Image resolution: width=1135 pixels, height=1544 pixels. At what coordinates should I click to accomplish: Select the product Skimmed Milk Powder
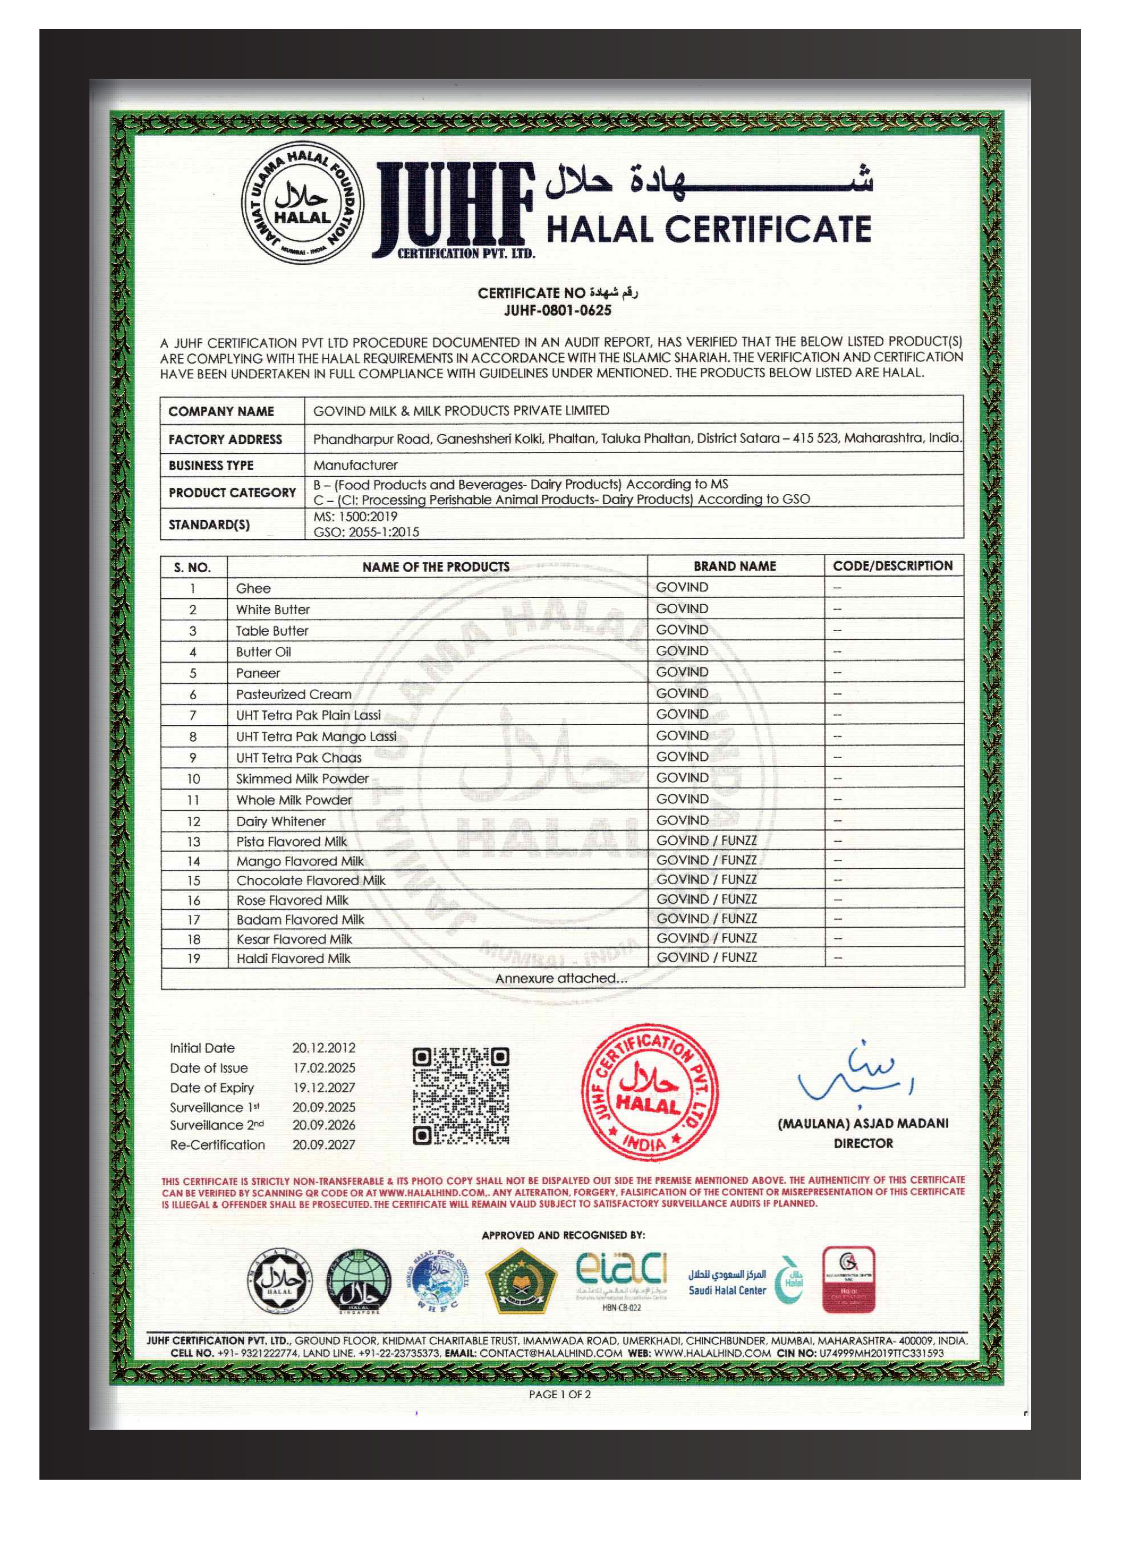302,779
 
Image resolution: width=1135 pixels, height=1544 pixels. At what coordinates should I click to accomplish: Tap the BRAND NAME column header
735,567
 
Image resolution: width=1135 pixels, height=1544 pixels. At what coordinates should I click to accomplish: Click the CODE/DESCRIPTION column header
893,566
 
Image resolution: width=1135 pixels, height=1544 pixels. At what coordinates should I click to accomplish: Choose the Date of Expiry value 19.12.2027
324,1087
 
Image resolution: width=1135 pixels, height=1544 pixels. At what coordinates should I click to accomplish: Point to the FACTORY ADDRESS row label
225,439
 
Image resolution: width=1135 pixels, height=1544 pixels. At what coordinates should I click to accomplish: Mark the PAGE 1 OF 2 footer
559,1394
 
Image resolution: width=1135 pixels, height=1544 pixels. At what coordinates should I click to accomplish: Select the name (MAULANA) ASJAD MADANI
863,1124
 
